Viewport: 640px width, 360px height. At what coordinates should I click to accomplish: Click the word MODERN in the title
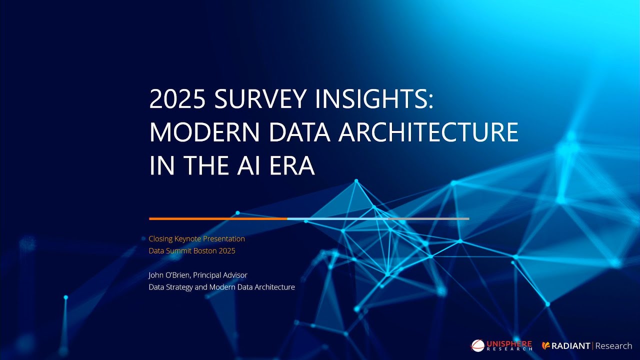(x=204, y=133)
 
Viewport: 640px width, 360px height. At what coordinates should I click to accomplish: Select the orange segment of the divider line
(x=218, y=218)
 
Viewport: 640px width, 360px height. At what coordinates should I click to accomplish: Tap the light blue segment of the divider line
(x=337, y=218)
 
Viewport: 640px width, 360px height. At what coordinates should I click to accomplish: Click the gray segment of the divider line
(x=428, y=218)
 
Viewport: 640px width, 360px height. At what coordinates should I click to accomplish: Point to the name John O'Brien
(x=168, y=275)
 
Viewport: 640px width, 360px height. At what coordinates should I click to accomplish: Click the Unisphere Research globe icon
(x=478, y=345)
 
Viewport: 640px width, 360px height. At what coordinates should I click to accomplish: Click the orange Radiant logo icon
(x=546, y=346)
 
